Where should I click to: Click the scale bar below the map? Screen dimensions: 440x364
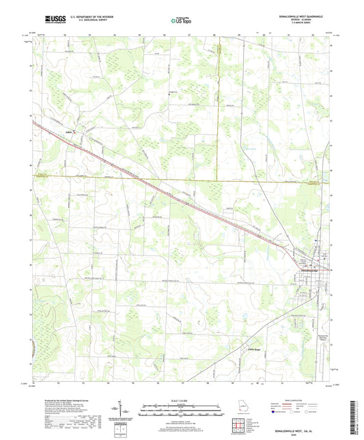coord(182,413)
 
